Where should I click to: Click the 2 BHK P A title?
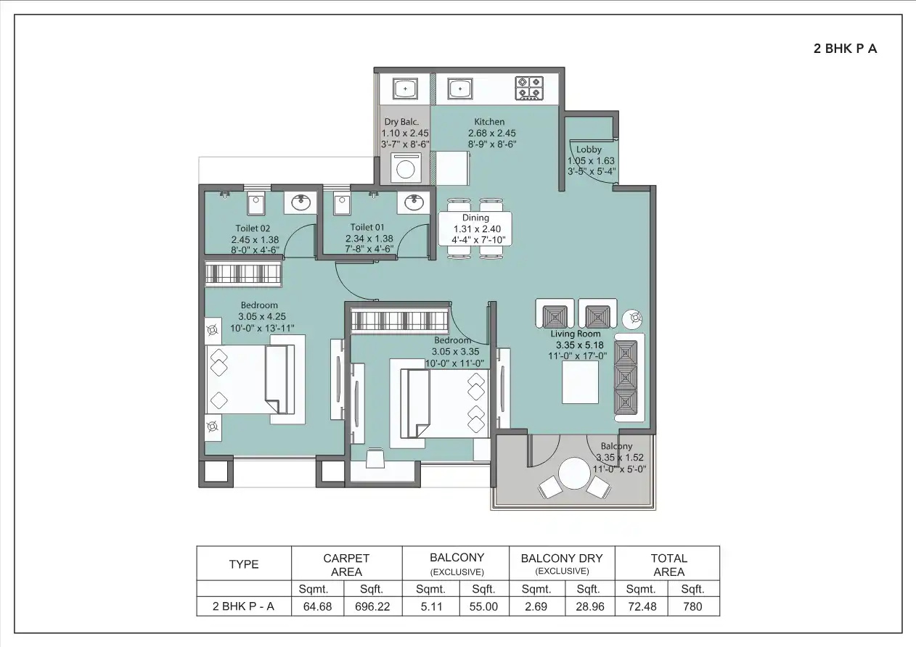[x=845, y=49]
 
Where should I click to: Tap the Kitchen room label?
[x=489, y=122]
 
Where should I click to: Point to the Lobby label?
[x=589, y=150]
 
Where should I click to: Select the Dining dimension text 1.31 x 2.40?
[x=476, y=228]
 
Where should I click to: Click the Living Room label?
[x=578, y=334]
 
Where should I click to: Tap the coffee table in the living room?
[x=580, y=382]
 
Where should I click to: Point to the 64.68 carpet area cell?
[x=317, y=606]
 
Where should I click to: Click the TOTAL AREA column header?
[x=668, y=564]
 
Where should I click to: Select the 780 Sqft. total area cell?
[x=692, y=606]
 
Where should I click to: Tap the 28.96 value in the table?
[x=588, y=606]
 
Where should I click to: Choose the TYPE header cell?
[x=243, y=564]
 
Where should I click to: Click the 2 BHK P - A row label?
[x=243, y=606]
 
